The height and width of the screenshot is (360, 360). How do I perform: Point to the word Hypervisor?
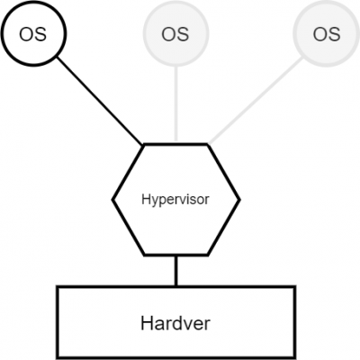pyautogui.click(x=175, y=200)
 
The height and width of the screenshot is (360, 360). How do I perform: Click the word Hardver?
pyautogui.click(x=175, y=323)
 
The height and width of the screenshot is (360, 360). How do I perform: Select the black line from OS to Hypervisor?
pyautogui.click(x=100, y=101)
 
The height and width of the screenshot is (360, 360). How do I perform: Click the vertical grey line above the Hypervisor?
pyautogui.click(x=176, y=103)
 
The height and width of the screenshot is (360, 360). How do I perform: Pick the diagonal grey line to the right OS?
pyautogui.click(x=256, y=101)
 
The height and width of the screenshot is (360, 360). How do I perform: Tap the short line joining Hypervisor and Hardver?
pyautogui.click(x=176, y=271)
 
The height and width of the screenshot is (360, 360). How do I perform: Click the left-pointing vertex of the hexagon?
pyautogui.click(x=112, y=200)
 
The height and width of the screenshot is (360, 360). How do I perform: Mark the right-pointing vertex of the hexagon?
pyautogui.click(x=239, y=200)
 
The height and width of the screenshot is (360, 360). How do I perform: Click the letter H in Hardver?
pyautogui.click(x=148, y=323)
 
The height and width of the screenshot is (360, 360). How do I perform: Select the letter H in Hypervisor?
pyautogui.click(x=146, y=199)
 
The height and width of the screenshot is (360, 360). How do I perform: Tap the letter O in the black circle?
pyautogui.click(x=26, y=34)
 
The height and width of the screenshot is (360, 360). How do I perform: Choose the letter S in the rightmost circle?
pyautogui.click(x=334, y=34)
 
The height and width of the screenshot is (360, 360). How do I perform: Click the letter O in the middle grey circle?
pyautogui.click(x=168, y=34)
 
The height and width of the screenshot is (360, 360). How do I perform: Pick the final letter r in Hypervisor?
pyautogui.click(x=206, y=201)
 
